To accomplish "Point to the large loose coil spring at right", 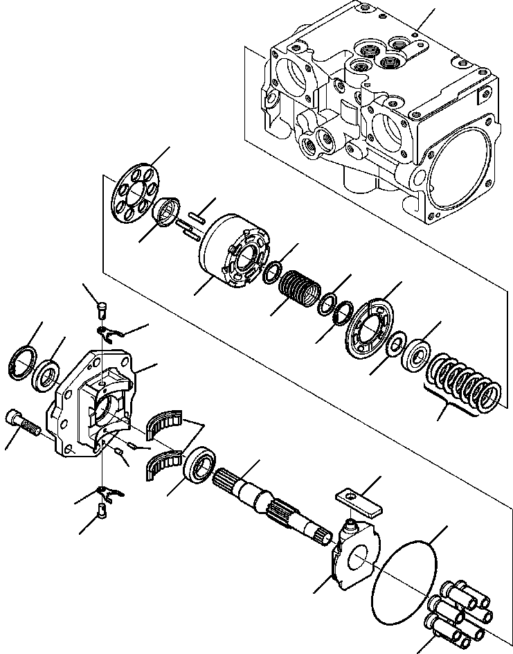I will click(464, 385).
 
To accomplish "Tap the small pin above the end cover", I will click(101, 304).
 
